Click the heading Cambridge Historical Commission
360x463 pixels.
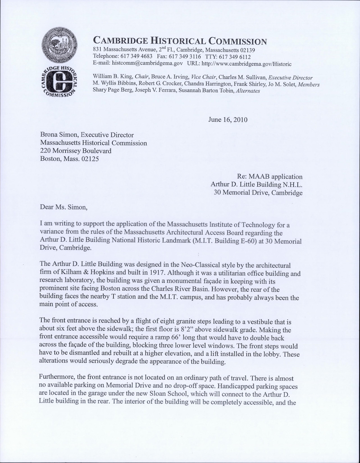[x=180, y=40]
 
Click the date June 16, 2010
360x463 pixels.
[x=228, y=119]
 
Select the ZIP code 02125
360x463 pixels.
[x=90, y=159]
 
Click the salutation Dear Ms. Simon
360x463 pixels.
[x=64, y=207]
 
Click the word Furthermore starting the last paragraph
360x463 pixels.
[x=57, y=378]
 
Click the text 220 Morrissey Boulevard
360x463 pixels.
[x=76, y=151]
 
